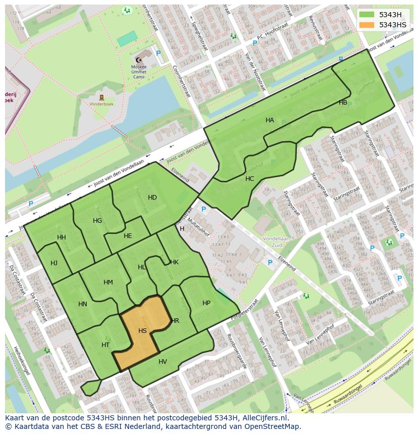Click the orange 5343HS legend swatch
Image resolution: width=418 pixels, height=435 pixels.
coord(367,25)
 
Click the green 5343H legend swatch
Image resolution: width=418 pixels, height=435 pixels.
coord(367,15)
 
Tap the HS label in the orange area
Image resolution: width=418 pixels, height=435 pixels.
coord(142,330)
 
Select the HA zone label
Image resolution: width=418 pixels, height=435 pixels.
coord(270,120)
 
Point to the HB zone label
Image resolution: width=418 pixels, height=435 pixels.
coord(343,102)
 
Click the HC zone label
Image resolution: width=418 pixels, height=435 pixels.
coord(249,178)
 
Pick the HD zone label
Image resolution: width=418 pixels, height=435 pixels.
coord(152,197)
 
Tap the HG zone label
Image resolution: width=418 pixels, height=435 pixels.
coord(97,220)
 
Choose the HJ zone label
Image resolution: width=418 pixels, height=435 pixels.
coord(54,263)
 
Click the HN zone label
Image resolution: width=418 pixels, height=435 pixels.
coord(83,304)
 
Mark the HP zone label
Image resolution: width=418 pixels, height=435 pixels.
coord(206,303)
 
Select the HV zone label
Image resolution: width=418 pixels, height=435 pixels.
coord(163,361)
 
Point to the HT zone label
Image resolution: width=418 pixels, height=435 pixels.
coord(106,345)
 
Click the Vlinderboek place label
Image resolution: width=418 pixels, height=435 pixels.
coord(102,105)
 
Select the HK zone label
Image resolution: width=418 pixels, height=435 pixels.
coord(174,262)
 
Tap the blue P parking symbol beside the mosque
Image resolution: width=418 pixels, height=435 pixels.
coord(158,53)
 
